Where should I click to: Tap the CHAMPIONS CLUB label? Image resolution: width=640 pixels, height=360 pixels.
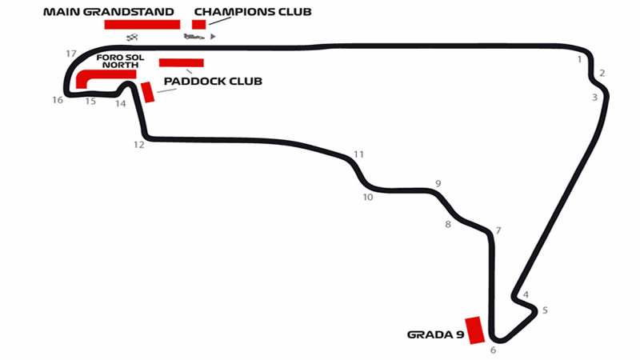pos(253,11)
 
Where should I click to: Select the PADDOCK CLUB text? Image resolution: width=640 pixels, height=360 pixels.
pos(213,81)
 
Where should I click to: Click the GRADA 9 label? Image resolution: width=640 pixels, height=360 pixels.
pos(435,334)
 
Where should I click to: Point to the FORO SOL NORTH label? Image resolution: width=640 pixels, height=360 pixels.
pos(118,62)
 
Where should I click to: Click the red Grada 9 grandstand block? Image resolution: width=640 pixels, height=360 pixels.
pos(475,330)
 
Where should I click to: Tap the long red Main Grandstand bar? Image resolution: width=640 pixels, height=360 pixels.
pos(142,24)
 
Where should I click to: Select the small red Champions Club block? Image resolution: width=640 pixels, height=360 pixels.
pos(199,24)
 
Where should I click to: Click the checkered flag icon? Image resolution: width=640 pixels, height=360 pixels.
pos(133,37)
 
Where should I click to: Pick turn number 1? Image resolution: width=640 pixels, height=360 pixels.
pos(578,58)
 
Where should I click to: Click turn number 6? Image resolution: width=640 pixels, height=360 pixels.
pos(493,350)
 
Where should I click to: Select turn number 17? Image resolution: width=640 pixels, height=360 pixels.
pos(71,54)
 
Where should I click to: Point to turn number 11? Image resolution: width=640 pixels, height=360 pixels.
pos(358,154)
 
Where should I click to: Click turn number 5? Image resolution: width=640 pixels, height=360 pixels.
pos(545,310)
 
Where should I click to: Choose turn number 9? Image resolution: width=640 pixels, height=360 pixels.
pos(438,183)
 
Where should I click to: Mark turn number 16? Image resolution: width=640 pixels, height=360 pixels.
pos(57,100)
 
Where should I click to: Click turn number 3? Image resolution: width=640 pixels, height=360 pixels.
pos(594,98)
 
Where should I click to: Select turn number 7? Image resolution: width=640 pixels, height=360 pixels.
pos(498,230)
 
